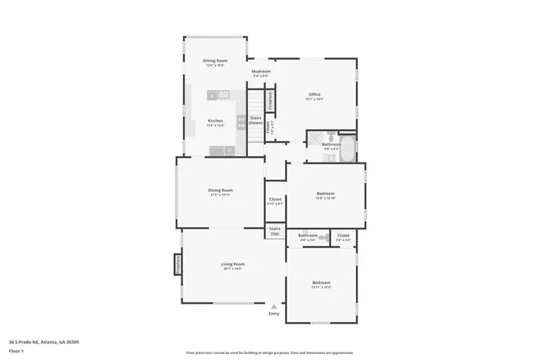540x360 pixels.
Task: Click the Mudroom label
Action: tap(260, 72)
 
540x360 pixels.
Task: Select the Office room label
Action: tap(314, 94)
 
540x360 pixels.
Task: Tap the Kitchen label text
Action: tap(215, 121)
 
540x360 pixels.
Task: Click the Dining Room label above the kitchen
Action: tap(215, 61)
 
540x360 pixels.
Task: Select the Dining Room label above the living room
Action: tap(220, 190)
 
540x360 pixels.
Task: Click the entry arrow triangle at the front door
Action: tap(273, 306)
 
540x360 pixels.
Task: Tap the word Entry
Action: tap(273, 314)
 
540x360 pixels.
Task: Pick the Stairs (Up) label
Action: tap(274, 229)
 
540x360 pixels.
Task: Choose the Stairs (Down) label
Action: tap(256, 120)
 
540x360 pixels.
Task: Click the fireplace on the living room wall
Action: tap(178, 265)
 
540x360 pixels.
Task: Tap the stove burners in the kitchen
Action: tap(242, 123)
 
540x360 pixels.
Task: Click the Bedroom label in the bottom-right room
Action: tap(321, 282)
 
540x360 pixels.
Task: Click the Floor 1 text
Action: tap(17, 350)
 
